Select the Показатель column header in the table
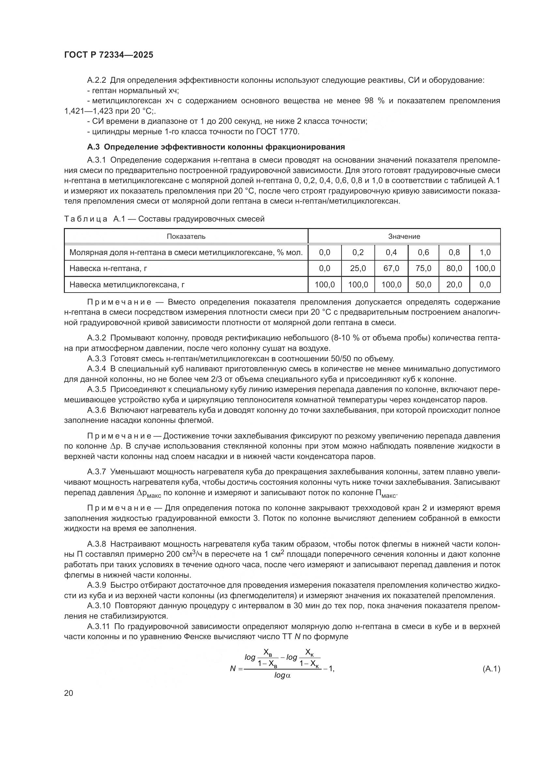click(x=186, y=236)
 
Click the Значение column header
click(x=404, y=236)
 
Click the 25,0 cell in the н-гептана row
click(x=358, y=268)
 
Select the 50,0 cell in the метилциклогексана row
click(x=423, y=284)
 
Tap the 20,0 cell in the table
click(x=454, y=284)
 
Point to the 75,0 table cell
click(x=423, y=268)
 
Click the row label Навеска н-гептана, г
click(x=108, y=268)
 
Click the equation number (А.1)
click(x=491, y=669)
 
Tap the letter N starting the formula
click(x=233, y=669)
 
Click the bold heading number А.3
click(x=94, y=147)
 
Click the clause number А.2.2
click(x=96, y=80)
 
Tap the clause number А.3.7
click(x=96, y=472)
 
